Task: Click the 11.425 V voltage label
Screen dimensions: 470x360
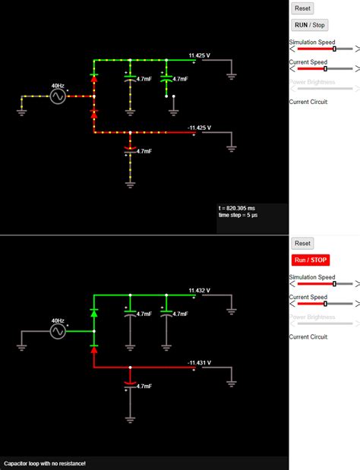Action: (x=200, y=55)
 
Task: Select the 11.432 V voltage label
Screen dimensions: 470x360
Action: (x=200, y=290)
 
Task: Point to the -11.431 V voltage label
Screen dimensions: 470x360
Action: (x=200, y=363)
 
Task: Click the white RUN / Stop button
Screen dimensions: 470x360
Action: (x=310, y=25)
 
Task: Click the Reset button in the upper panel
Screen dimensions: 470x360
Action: (x=302, y=8)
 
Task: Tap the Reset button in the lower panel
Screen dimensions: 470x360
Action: (x=302, y=244)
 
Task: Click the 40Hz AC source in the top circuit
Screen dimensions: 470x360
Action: (x=58, y=96)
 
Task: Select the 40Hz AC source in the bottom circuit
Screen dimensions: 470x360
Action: (x=58, y=332)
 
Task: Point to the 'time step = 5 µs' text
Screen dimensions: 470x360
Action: (x=241, y=216)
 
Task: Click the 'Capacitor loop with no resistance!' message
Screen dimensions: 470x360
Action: (x=45, y=463)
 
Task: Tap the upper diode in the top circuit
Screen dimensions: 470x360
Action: (x=94, y=77)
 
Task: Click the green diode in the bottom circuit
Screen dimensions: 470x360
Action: (x=94, y=312)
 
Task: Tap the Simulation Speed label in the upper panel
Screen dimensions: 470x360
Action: (x=311, y=43)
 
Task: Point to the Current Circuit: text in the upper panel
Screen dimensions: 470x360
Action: (x=308, y=101)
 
